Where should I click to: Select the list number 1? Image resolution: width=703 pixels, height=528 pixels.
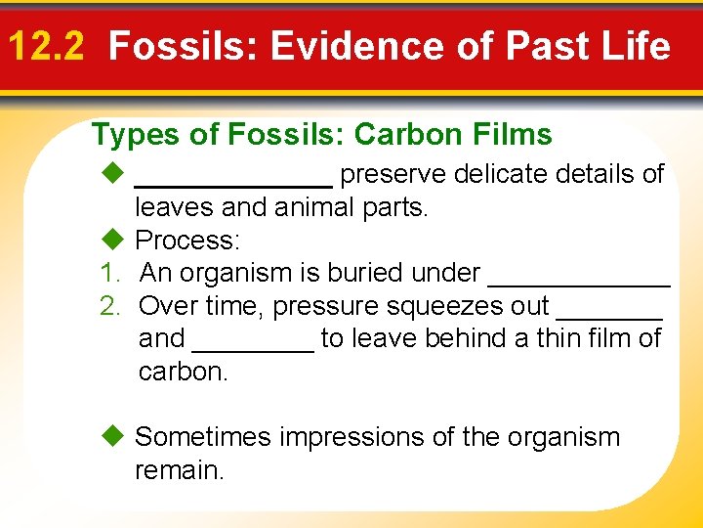[109, 273]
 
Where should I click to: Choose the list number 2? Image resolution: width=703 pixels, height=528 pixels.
[109, 306]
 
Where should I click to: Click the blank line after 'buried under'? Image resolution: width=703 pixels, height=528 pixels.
[578, 282]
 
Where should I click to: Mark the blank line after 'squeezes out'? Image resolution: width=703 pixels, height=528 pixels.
[608, 315]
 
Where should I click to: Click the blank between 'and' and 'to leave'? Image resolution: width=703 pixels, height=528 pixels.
[254, 347]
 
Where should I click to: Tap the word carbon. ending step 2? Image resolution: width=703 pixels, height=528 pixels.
[184, 373]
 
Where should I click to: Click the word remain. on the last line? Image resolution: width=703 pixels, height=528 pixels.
[179, 470]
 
